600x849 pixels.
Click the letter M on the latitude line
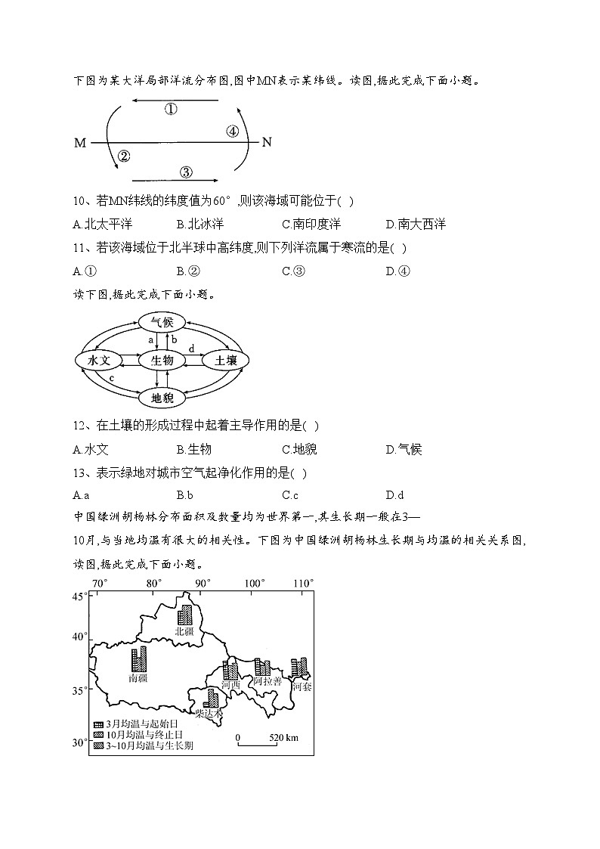[x=80, y=142]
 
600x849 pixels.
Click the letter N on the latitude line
[x=266, y=142]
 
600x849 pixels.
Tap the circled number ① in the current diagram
[x=171, y=110]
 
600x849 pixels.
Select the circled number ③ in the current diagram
[x=186, y=172]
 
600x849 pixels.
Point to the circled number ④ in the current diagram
[x=233, y=132]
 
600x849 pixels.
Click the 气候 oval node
[x=162, y=322]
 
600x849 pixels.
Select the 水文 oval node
[x=99, y=361]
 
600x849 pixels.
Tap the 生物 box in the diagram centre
[x=162, y=361]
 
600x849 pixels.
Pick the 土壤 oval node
[x=226, y=361]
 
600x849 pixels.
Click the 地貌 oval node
[x=162, y=398]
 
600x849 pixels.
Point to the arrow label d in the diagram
[x=191, y=349]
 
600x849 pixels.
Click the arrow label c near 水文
[x=112, y=378]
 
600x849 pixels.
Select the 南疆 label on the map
[x=138, y=678]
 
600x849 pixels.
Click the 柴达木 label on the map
[x=209, y=712]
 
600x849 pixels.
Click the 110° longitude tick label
[x=303, y=584]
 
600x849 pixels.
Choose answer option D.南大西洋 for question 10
[x=416, y=224]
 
